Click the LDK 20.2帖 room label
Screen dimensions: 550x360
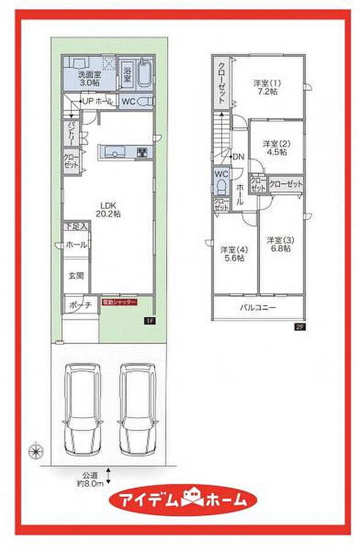[109, 209]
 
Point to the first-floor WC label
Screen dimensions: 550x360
[128, 101]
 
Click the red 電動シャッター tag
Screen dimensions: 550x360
[120, 303]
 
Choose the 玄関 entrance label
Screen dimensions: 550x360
[75, 276]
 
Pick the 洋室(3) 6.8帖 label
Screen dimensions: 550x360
[279, 244]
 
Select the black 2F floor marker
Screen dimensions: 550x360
[300, 327]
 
